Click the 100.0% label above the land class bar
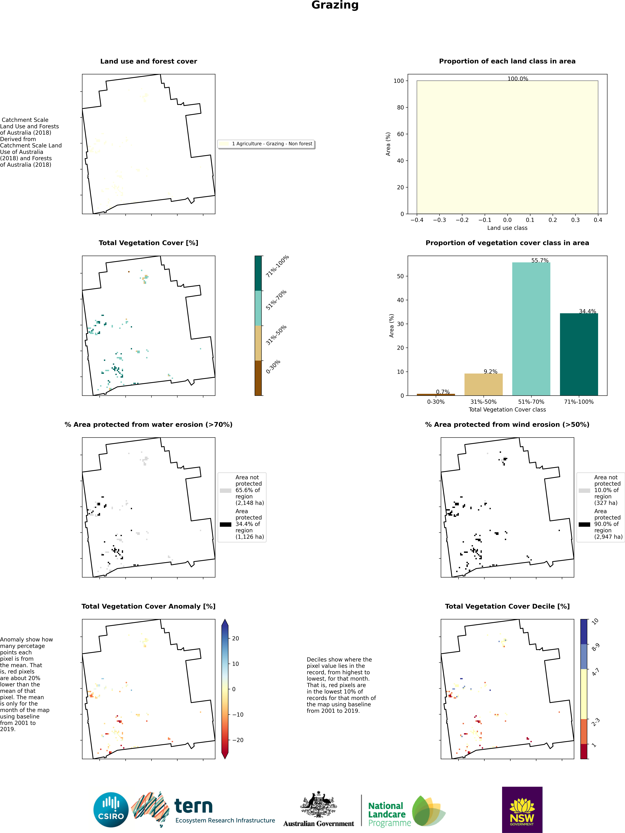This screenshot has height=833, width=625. coord(518,79)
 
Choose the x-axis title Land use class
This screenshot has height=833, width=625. coord(507,228)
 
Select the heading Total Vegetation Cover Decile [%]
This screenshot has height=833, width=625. coord(507,606)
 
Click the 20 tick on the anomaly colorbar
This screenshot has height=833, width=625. coord(235,638)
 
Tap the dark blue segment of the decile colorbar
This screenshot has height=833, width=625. coord(584,632)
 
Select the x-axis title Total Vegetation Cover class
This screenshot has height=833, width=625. coord(507,409)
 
